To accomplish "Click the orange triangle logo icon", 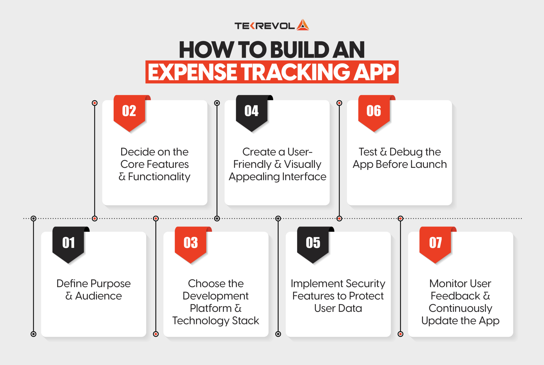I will [x=303, y=25].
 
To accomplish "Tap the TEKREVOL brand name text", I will [x=264, y=26].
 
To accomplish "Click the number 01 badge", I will [x=69, y=243].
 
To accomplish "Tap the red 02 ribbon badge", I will [x=129, y=111].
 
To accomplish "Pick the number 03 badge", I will [x=191, y=243].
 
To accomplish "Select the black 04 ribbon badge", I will [x=251, y=111].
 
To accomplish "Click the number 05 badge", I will [x=313, y=243].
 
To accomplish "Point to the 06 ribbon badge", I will [x=374, y=111].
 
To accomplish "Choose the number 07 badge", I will [x=435, y=243].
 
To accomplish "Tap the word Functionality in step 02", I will [x=159, y=177].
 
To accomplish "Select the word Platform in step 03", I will [x=211, y=308].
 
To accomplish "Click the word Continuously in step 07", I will [x=460, y=308].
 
